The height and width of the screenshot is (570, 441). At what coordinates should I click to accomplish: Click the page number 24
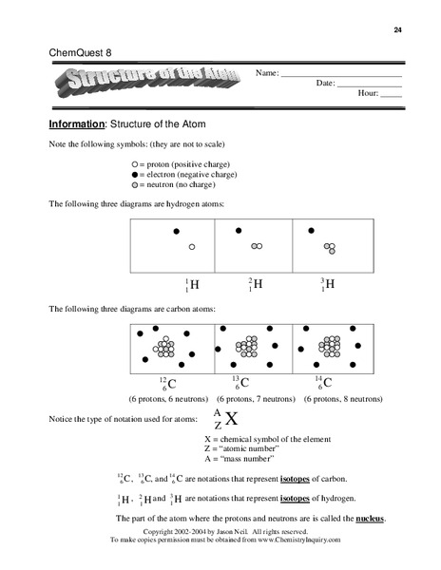click(x=396, y=29)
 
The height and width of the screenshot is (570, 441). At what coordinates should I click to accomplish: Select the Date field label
click(x=325, y=83)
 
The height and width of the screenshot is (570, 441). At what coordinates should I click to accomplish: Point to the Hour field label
click(x=367, y=94)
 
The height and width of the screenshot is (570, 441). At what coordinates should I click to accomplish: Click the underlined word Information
click(x=77, y=124)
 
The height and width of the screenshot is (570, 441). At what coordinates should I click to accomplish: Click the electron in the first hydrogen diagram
click(x=176, y=231)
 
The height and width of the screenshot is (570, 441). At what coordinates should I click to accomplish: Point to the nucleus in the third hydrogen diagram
click(x=330, y=249)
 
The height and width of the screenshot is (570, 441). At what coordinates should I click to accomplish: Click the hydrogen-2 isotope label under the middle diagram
click(x=255, y=284)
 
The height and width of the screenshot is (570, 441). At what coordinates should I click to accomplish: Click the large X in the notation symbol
click(x=231, y=419)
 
